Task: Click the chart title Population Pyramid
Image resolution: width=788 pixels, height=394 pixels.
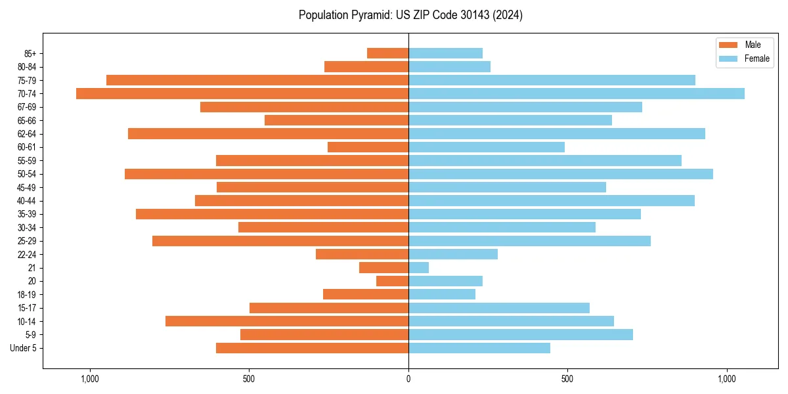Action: click(410, 15)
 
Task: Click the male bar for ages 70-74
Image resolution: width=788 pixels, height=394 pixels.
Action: click(242, 94)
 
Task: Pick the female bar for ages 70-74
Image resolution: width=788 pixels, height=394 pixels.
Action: click(577, 94)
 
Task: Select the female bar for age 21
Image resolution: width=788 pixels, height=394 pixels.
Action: click(419, 268)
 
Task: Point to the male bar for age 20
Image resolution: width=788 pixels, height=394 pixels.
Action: click(393, 281)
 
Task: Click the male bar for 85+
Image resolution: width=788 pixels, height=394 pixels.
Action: click(388, 53)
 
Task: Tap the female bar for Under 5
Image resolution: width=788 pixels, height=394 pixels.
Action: click(479, 348)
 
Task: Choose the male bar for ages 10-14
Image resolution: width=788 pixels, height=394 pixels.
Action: click(287, 321)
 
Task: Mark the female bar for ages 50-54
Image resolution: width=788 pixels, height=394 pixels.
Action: click(561, 174)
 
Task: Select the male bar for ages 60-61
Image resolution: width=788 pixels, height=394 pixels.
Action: click(368, 147)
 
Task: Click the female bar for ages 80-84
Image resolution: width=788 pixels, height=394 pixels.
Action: click(450, 67)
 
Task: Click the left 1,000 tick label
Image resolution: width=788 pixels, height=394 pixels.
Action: click(89, 379)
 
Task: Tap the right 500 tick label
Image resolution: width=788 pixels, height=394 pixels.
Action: click(568, 379)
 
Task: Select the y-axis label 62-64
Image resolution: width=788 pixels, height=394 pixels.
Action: click(27, 134)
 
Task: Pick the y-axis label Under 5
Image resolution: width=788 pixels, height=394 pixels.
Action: click(23, 348)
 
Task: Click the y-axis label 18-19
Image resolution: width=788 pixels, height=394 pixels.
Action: click(27, 295)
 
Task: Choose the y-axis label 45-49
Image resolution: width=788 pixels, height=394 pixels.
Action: click(27, 187)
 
